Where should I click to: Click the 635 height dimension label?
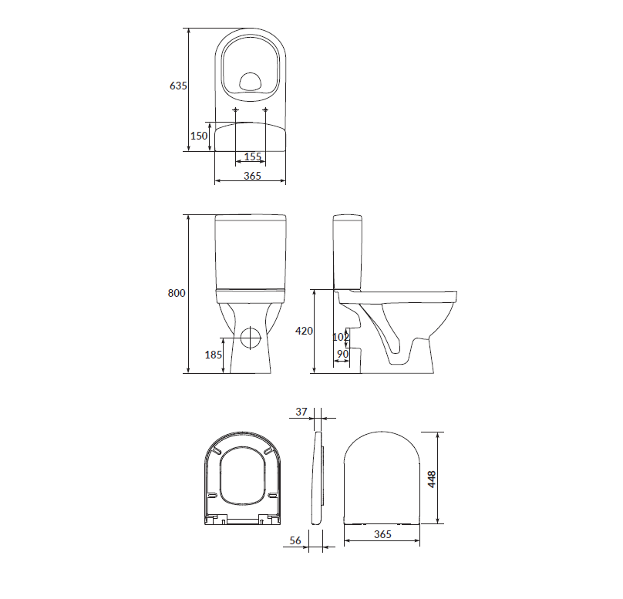click(x=178, y=86)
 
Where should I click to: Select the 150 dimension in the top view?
click(x=199, y=136)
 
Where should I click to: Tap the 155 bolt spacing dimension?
click(x=253, y=156)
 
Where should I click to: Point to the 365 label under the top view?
click(x=252, y=176)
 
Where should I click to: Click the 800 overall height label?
click(x=177, y=293)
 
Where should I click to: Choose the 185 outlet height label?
click(x=214, y=355)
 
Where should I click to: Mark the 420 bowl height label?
click(x=304, y=331)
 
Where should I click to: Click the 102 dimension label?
click(x=341, y=337)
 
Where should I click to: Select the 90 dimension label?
click(x=342, y=354)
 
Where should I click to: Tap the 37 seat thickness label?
click(x=301, y=412)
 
